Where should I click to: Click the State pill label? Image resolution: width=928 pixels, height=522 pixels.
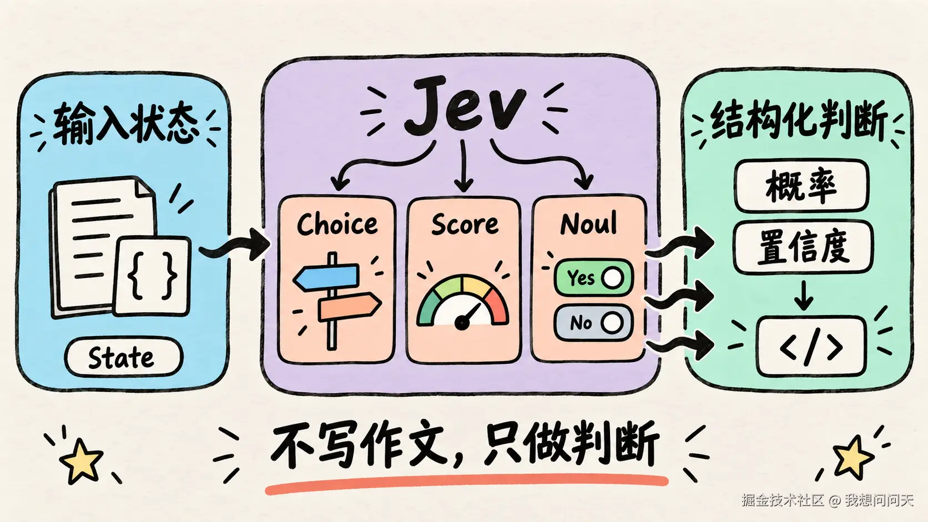[123, 357]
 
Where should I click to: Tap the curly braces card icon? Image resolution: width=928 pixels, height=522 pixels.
[152, 276]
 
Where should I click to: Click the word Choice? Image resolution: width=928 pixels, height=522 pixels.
[337, 224]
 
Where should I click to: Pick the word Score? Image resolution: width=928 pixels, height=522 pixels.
[465, 224]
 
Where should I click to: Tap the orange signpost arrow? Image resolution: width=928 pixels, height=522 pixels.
[349, 306]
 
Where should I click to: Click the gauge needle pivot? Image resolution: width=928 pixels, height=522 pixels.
[462, 322]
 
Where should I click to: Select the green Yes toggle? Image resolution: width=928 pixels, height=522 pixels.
[593, 277]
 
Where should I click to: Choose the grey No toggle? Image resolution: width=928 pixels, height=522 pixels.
[593, 322]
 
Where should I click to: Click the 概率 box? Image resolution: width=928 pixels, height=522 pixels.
[801, 186]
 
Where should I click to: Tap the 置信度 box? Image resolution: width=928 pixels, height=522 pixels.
[803, 247]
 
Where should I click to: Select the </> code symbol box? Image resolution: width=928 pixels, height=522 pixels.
[811, 346]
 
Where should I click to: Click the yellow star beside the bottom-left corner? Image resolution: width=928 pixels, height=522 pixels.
[81, 461]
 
